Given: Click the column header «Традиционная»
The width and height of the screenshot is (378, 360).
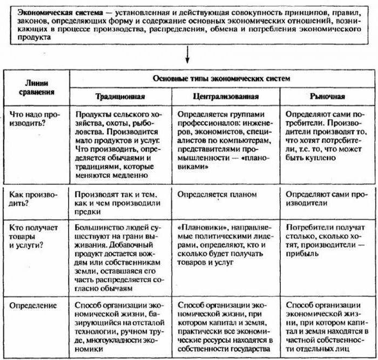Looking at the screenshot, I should [120, 97].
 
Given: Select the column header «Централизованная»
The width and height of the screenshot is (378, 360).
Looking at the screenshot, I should [225, 97].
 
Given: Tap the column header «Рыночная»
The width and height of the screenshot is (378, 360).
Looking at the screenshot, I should [328, 97].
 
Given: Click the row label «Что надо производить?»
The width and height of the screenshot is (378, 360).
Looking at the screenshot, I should [33, 120].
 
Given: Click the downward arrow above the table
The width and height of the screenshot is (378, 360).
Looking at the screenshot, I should [187, 54].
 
